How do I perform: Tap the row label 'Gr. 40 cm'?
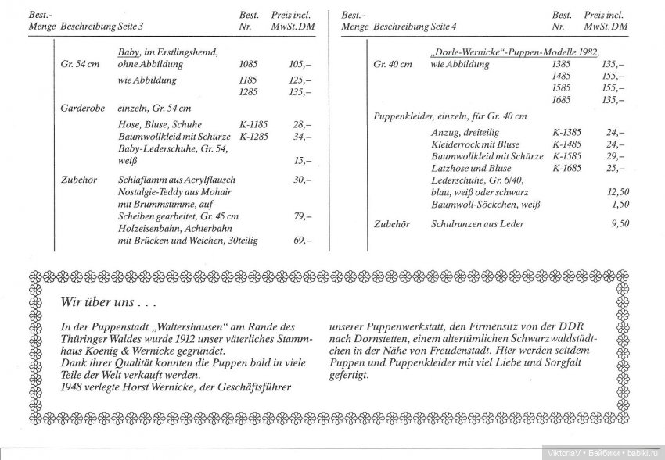click(x=393, y=64)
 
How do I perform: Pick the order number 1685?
click(x=561, y=101)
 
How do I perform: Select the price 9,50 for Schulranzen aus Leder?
click(x=619, y=224)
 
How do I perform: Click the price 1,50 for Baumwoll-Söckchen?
click(x=620, y=204)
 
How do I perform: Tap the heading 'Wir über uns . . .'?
click(x=109, y=302)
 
